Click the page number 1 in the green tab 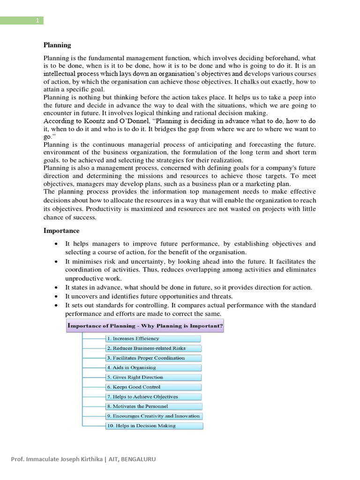click(x=37, y=20)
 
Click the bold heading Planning click(x=57, y=45)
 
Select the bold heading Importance click(x=61, y=231)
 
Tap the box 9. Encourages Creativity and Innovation click(x=154, y=416)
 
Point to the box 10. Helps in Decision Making click(x=154, y=426)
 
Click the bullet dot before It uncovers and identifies click(x=56, y=297)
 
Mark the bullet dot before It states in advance click(x=56, y=288)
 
